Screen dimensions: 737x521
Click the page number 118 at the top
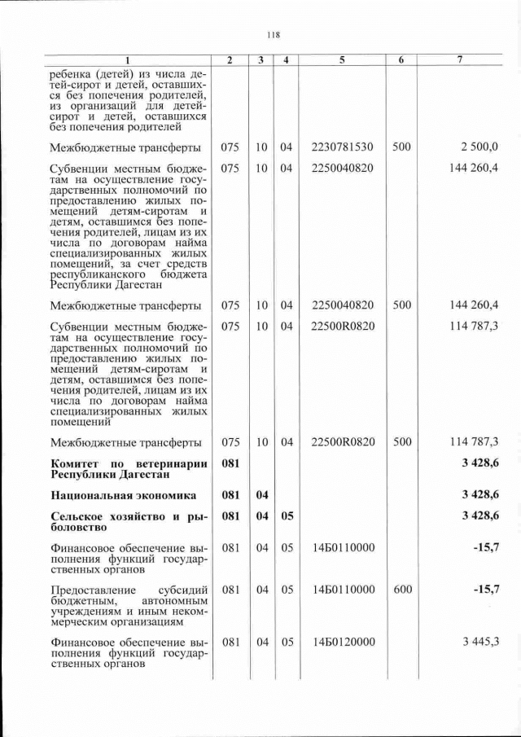273,34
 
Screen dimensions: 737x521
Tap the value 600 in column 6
402,590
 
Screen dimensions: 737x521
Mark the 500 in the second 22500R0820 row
402,442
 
